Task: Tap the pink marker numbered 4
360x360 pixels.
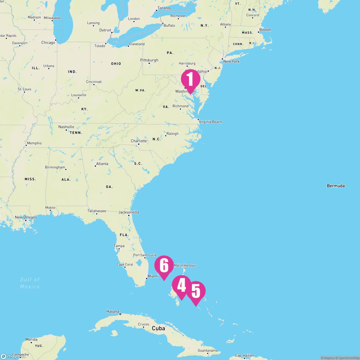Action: [x=181, y=285]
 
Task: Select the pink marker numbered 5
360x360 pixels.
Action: [x=196, y=291]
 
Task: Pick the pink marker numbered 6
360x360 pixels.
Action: [x=164, y=265]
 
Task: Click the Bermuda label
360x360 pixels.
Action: [x=336, y=186]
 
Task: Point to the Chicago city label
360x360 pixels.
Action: [x=48, y=43]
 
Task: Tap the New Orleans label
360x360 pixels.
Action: [x=26, y=217]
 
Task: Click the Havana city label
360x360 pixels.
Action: [x=113, y=311]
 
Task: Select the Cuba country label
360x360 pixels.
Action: [x=158, y=328]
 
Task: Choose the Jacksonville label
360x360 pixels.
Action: [x=129, y=212]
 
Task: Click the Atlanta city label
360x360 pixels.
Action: [x=102, y=164]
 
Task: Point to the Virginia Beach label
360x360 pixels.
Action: [x=210, y=122]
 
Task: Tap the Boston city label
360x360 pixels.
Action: [x=265, y=30]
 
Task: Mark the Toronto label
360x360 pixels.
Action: [x=164, y=8]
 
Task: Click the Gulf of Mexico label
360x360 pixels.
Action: [x=30, y=283]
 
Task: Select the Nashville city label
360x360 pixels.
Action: [x=66, y=127]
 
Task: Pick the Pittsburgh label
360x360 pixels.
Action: [x=149, y=60]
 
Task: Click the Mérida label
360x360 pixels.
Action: [x=31, y=339]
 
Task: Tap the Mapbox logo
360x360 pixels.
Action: [x=9, y=356]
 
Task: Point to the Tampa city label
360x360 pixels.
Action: [x=119, y=246]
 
